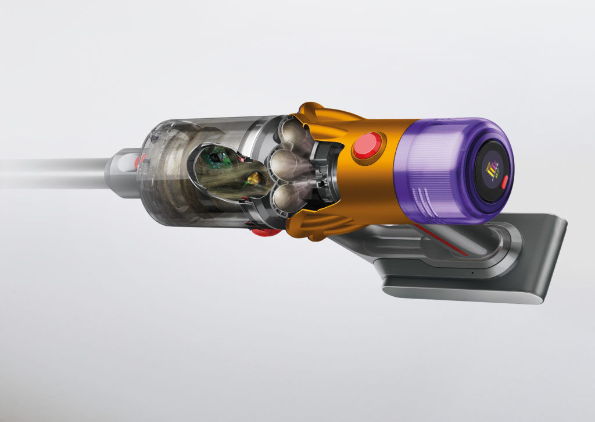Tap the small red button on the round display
[504, 181]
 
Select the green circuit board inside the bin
[217, 157]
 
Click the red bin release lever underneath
[266, 232]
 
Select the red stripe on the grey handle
[442, 239]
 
